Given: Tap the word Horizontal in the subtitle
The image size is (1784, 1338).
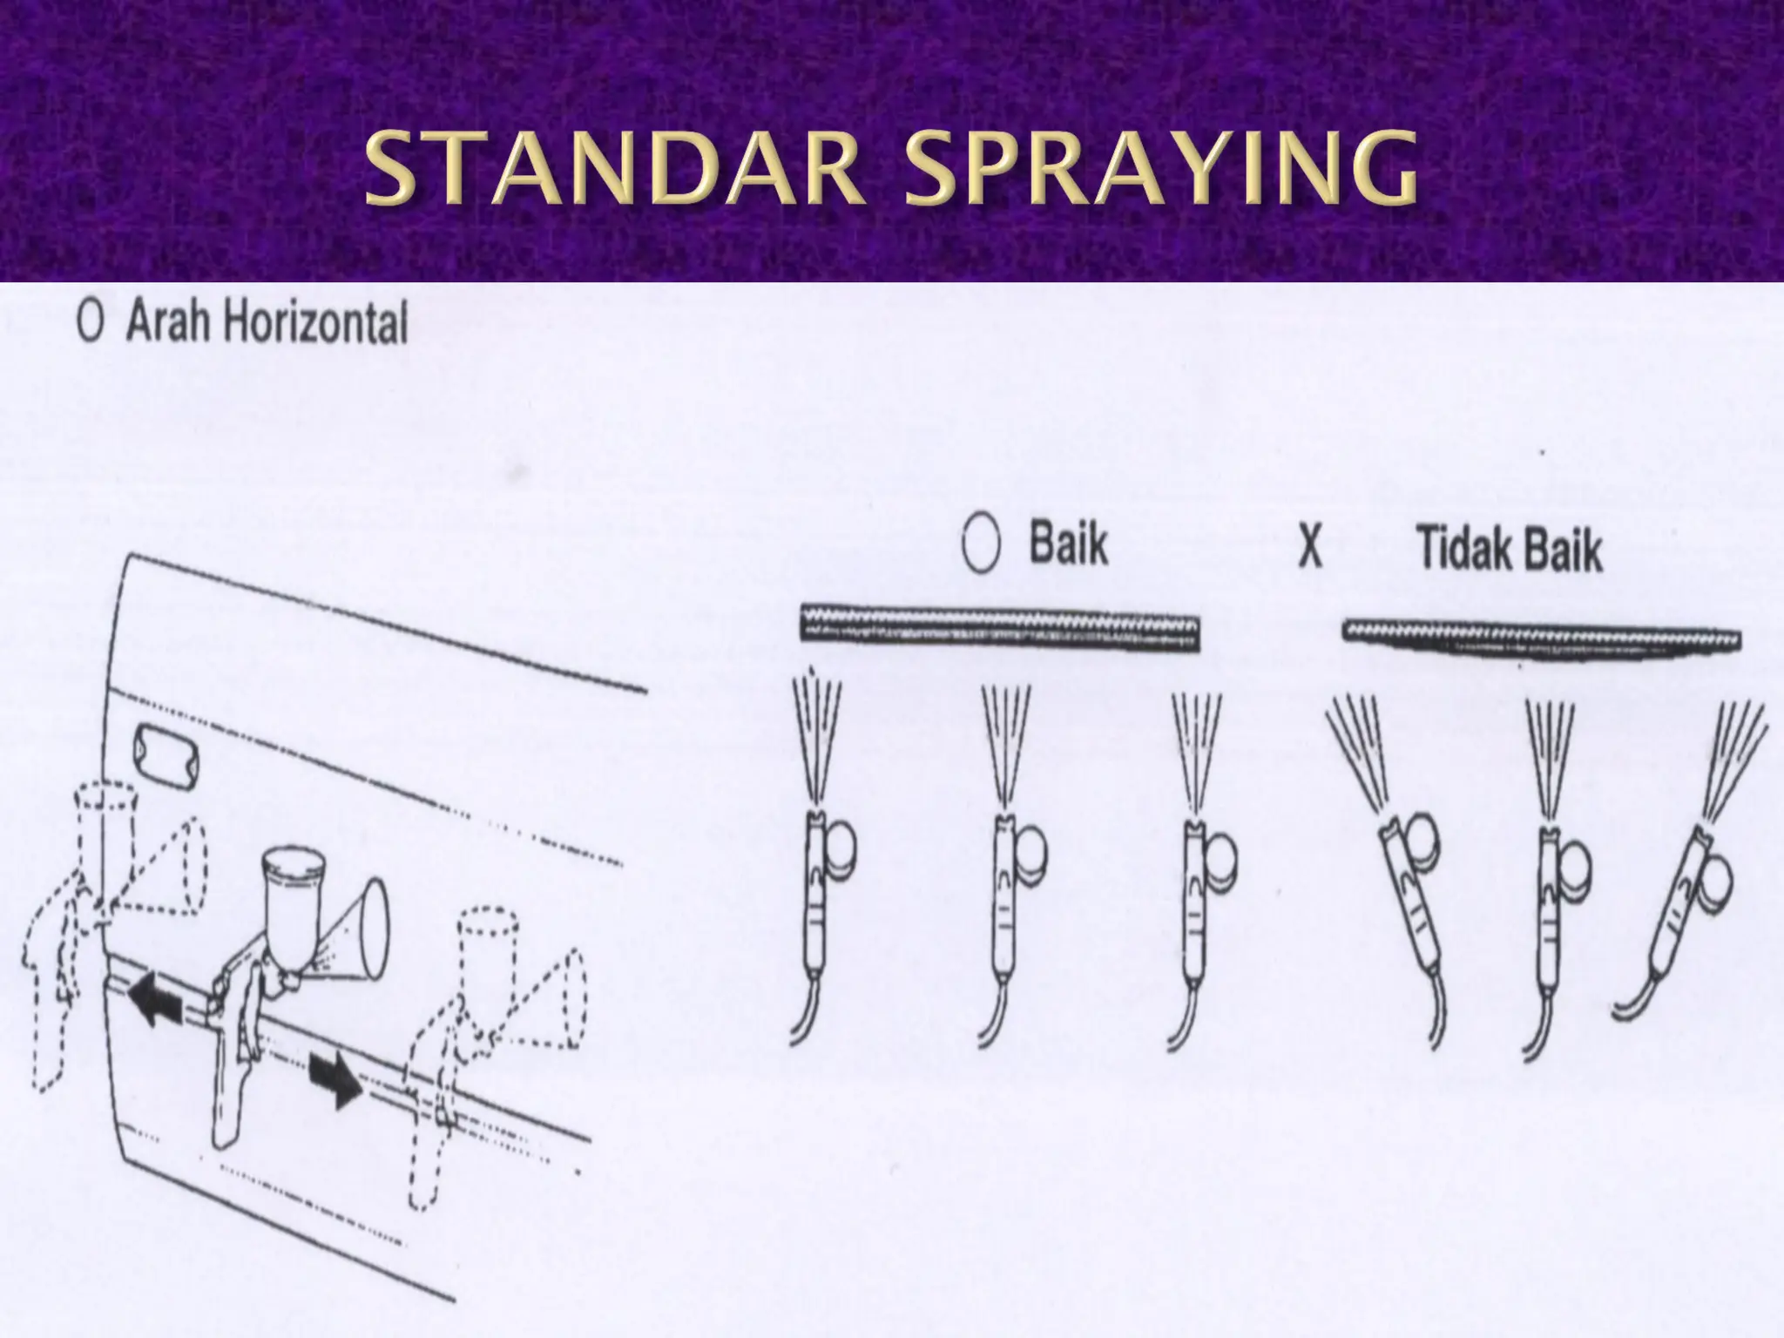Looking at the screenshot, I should click(x=315, y=324).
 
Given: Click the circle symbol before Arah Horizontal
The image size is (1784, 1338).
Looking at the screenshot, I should click(x=90, y=324).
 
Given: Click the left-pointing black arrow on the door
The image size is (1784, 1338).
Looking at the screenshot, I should click(x=155, y=1001).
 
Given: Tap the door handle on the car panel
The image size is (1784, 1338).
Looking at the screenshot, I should click(x=159, y=747).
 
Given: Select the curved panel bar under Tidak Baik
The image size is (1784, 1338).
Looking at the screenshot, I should click(x=1541, y=639).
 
